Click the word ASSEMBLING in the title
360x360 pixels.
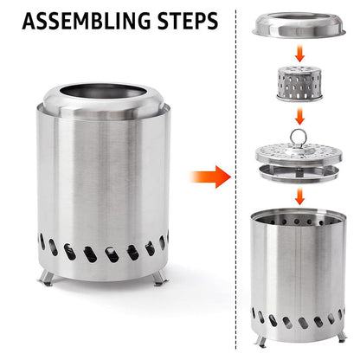pyautogui.click(x=87, y=21)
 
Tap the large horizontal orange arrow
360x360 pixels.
pyautogui.click(x=210, y=177)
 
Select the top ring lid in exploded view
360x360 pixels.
pyautogui.click(x=299, y=25)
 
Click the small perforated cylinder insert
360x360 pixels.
pyautogui.click(x=299, y=84)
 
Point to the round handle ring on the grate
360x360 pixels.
pyautogui.click(x=298, y=136)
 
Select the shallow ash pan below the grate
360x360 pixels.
pyautogui.click(x=299, y=174)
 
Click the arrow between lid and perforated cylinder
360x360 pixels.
pyautogui.click(x=300, y=54)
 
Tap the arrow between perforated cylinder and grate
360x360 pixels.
pyautogui.click(x=300, y=116)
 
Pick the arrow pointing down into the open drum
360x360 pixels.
pyautogui.click(x=300, y=196)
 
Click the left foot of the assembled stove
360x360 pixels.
pyautogui.click(x=47, y=278)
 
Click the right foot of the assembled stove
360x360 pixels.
pyautogui.click(x=159, y=278)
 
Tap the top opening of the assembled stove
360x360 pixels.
pyautogui.click(x=103, y=92)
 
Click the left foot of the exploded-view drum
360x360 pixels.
pyautogui.click(x=261, y=341)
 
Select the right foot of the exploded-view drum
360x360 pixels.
pyautogui.click(x=342, y=336)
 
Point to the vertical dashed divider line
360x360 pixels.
pyautogui.click(x=236, y=179)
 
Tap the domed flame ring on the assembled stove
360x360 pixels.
pyautogui.click(x=104, y=101)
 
